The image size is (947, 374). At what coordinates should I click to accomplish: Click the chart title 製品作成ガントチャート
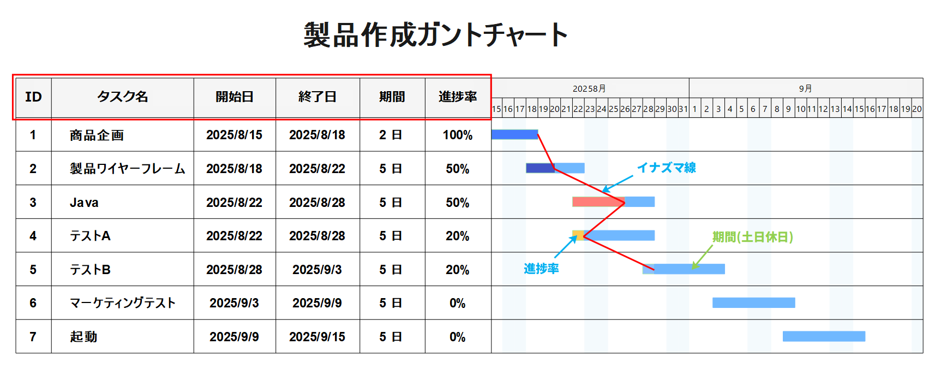pos(435,35)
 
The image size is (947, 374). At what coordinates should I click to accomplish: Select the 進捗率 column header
pos(457,97)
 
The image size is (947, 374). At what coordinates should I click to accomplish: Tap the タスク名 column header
pos(122,97)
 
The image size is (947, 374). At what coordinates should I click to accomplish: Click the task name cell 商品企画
pos(97,135)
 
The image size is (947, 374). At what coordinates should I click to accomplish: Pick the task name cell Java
pos(84,203)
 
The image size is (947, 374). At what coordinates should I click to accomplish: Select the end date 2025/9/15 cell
pos(317,337)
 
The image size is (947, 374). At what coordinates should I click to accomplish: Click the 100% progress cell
pos(457,135)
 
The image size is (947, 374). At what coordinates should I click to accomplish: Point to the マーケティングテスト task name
pos(123,303)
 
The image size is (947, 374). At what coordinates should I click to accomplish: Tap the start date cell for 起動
pos(234,337)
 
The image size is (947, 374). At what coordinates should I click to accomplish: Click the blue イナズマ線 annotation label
pos(666,168)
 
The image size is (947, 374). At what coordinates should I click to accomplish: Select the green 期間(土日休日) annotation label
pos(752,237)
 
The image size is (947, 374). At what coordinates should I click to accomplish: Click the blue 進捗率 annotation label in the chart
pos(541,269)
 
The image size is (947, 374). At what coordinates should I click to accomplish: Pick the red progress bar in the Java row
pos(597,202)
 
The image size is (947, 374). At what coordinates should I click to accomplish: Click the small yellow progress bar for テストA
pos(578,235)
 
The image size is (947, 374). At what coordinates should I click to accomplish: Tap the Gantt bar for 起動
pos(824,336)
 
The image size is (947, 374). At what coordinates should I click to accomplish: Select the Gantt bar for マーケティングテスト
pos(753,302)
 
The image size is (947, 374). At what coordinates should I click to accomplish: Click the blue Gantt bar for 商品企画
pos(514,134)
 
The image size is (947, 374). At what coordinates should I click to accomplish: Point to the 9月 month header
pos(805,88)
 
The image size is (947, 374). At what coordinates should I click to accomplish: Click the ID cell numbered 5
pos(33,270)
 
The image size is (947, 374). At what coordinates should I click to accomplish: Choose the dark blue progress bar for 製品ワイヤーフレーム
pos(540,168)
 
